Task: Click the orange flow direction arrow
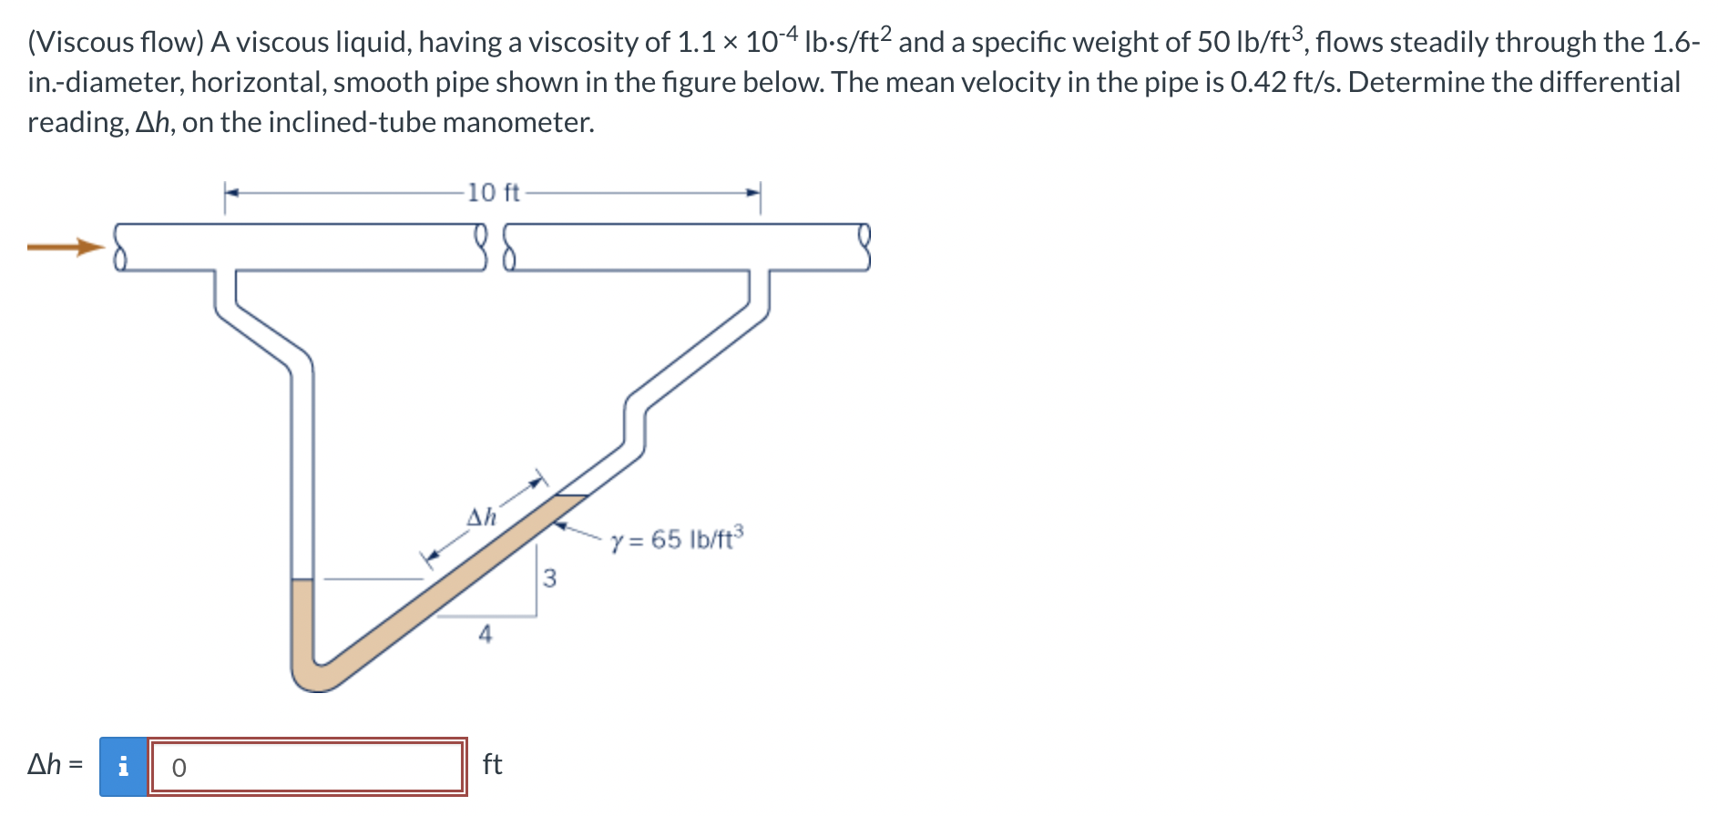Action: (x=66, y=247)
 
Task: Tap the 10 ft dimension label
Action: (x=493, y=193)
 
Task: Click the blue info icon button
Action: (x=124, y=767)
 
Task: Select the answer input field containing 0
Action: (x=308, y=767)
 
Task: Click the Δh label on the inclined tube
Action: (x=481, y=517)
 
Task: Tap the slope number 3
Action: (x=549, y=578)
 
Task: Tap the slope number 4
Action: (x=486, y=634)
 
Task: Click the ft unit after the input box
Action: (x=492, y=764)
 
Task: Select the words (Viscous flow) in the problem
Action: (x=115, y=42)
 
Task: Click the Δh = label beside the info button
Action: (x=55, y=764)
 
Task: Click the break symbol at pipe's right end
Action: (x=864, y=248)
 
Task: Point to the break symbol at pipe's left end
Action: (x=118, y=248)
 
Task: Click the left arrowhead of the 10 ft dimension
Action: (x=231, y=193)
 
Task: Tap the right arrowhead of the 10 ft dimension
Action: (x=753, y=193)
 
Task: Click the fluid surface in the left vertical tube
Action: (x=302, y=579)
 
